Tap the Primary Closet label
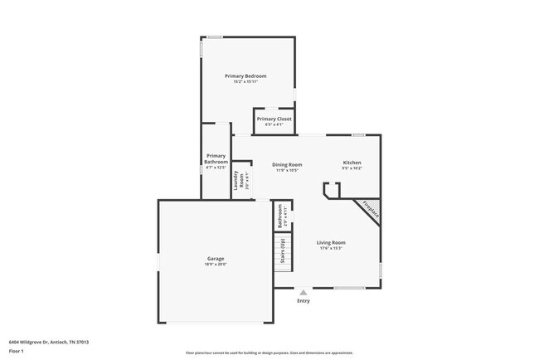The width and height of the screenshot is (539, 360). [x=274, y=119]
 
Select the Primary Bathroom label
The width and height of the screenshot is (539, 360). [x=216, y=158]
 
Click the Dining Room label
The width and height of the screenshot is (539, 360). [x=287, y=164]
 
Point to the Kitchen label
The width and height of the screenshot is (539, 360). [x=352, y=163]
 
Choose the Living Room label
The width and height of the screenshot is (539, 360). [x=330, y=242]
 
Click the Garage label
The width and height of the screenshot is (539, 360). [x=216, y=258]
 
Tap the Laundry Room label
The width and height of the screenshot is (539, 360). [x=238, y=179]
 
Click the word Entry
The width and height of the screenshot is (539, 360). [x=303, y=301]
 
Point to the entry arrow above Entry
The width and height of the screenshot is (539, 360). [x=303, y=292]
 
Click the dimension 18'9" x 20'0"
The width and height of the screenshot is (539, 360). [x=216, y=264]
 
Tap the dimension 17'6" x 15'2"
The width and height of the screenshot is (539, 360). [x=330, y=248]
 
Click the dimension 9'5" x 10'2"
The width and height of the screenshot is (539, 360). [x=352, y=168]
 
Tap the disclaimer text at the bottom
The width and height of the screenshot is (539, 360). [x=269, y=353]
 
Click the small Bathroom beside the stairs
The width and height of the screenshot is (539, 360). [x=280, y=216]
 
